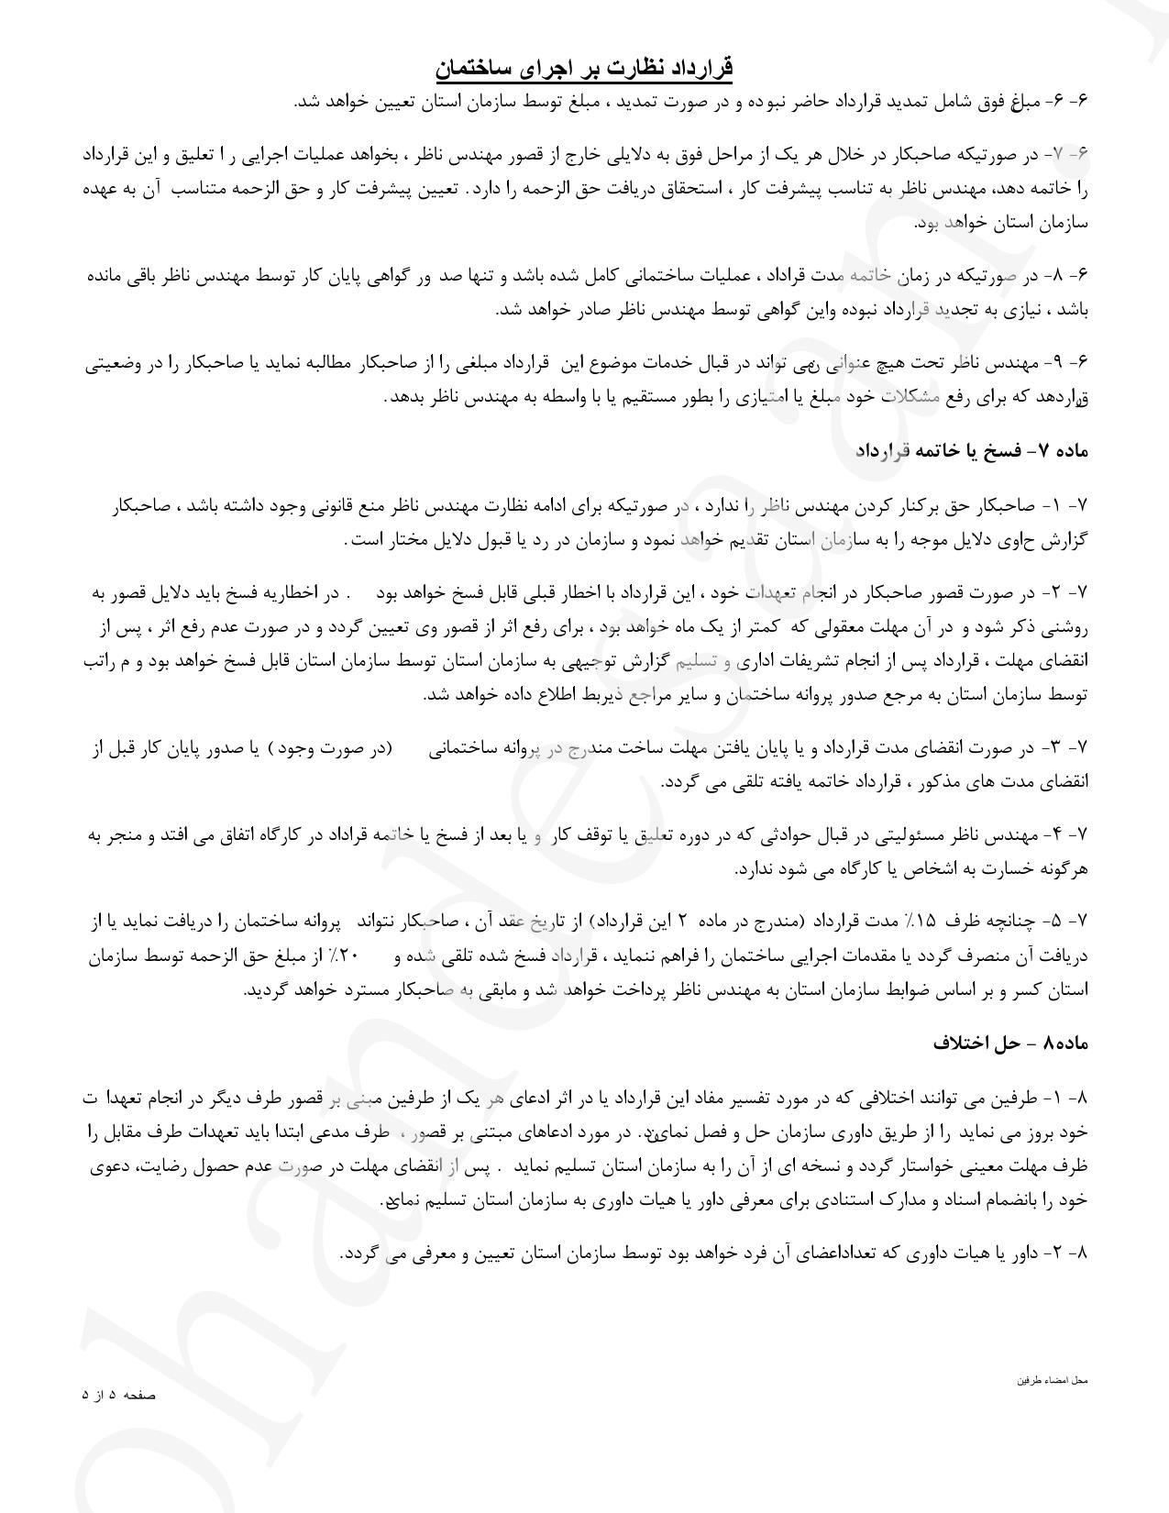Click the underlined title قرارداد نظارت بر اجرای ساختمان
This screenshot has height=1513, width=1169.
tap(584, 69)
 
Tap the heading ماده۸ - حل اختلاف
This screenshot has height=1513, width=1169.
tap(1009, 1044)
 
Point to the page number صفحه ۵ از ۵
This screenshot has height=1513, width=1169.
tap(119, 1395)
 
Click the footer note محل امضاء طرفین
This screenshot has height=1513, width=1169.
tap(1053, 1379)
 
